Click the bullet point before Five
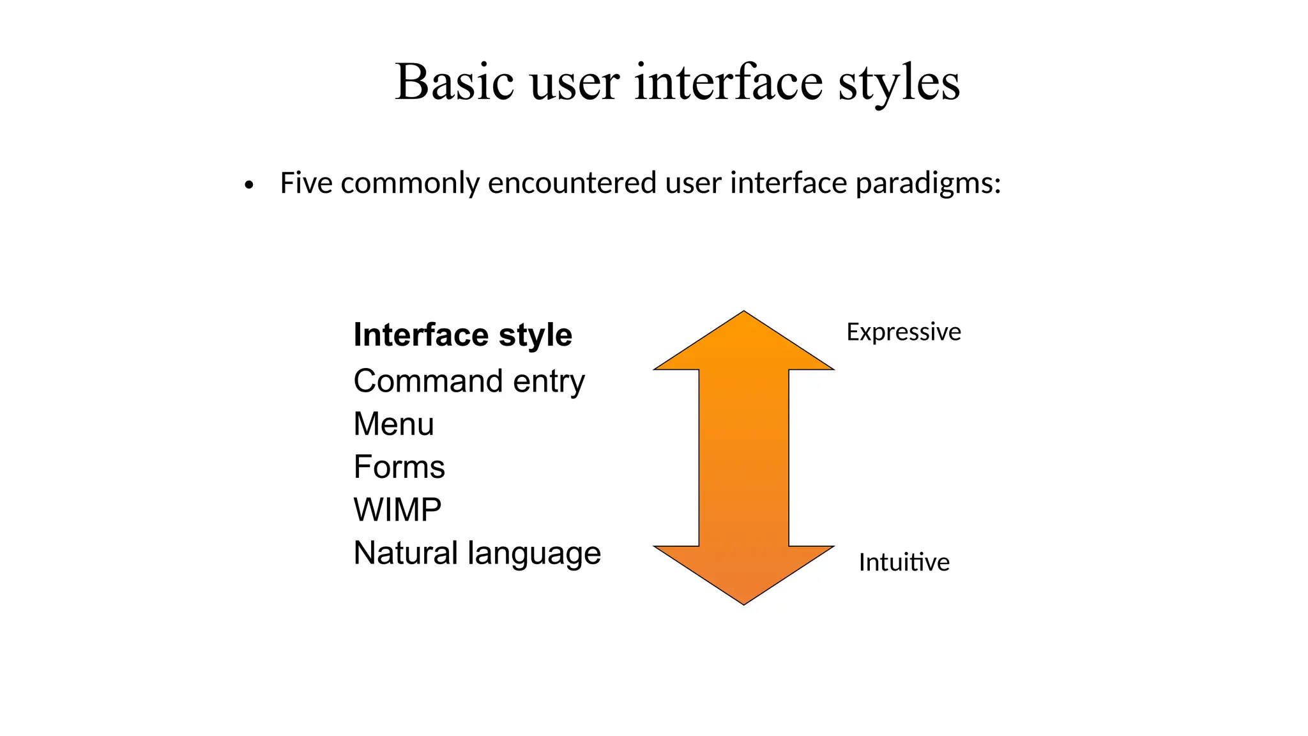click(x=249, y=186)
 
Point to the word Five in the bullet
click(x=306, y=183)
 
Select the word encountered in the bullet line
click(x=572, y=183)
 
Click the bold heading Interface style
click(x=462, y=335)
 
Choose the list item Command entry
click(x=469, y=381)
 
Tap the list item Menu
click(x=393, y=424)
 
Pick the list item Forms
click(x=399, y=467)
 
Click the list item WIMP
click(x=397, y=510)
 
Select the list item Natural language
click(x=476, y=553)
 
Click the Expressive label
click(x=903, y=332)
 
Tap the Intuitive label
click(x=904, y=563)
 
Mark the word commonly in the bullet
click(x=410, y=184)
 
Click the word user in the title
click(x=574, y=83)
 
